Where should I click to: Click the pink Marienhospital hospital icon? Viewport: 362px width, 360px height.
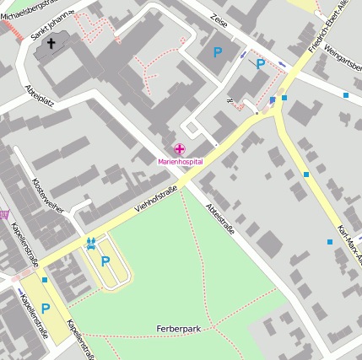click(180, 149)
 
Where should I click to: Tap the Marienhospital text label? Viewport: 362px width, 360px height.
click(180, 161)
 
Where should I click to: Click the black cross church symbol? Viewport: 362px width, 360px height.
click(51, 43)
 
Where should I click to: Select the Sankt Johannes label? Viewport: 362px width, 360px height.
click(52, 24)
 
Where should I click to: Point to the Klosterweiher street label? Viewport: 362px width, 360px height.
click(47, 195)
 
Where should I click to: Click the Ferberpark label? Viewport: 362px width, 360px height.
click(178, 328)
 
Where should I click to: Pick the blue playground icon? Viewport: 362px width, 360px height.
click(91, 244)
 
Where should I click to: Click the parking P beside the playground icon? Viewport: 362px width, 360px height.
click(105, 261)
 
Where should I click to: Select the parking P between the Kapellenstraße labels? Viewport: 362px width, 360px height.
click(45, 309)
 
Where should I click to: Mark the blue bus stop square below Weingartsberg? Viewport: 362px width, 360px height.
click(346, 95)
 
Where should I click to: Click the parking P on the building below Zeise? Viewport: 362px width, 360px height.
click(218, 52)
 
